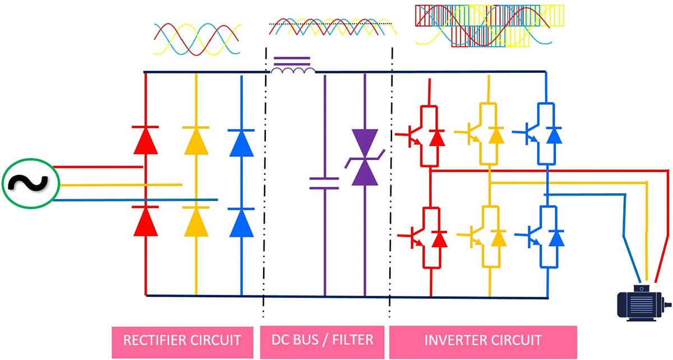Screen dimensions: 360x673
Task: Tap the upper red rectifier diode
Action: tap(145, 141)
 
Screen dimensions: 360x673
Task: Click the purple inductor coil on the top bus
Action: tap(292, 67)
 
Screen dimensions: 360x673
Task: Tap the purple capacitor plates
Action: tap(324, 182)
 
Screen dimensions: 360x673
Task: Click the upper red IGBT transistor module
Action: tap(423, 135)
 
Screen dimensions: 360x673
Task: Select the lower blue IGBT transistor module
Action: tap(545, 236)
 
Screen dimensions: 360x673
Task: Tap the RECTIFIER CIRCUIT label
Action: tap(182, 340)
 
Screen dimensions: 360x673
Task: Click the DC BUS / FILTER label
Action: tap(322, 340)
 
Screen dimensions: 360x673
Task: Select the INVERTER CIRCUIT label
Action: tap(483, 340)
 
